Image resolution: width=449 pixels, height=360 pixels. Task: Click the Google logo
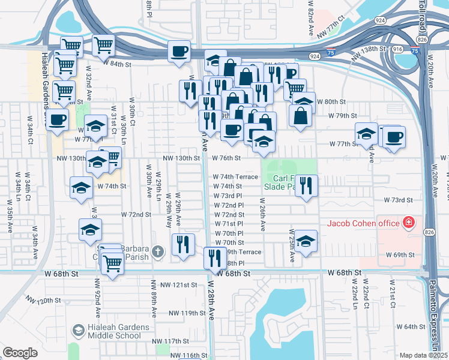pyautogui.click(x=20, y=353)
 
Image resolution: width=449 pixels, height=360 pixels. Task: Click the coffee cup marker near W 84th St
pyautogui.click(x=179, y=51)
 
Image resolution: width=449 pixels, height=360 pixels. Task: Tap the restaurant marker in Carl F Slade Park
pyautogui.click(x=307, y=185)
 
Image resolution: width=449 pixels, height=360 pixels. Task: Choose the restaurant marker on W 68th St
pyautogui.click(x=215, y=258)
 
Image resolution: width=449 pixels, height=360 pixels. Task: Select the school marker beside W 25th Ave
pyautogui.click(x=306, y=241)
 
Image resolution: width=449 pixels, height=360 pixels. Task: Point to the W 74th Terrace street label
pyautogui.click(x=236, y=177)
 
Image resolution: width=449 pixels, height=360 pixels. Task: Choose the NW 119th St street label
pyautogui.click(x=187, y=313)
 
